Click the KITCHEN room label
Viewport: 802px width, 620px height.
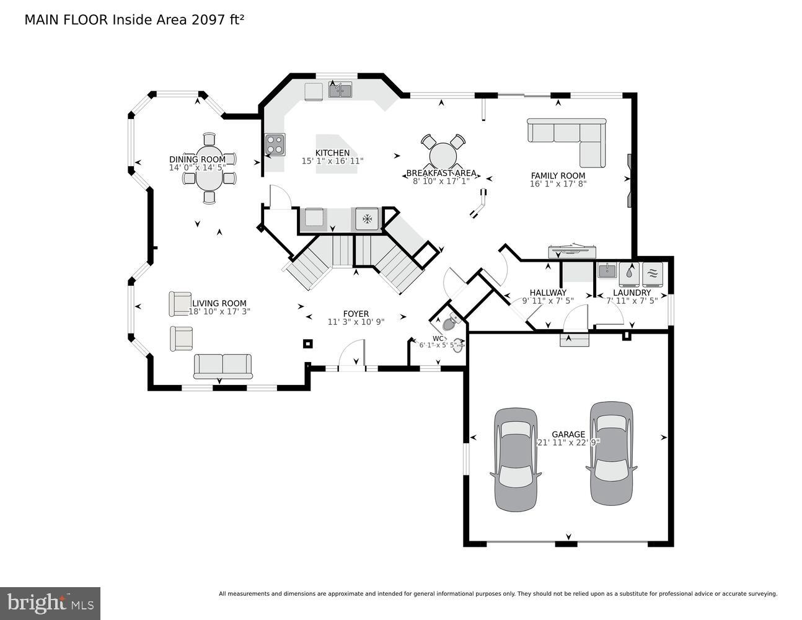[332, 153]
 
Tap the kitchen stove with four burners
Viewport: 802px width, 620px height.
[275, 144]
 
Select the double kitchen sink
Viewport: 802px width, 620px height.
[340, 91]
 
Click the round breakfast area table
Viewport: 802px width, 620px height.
[443, 155]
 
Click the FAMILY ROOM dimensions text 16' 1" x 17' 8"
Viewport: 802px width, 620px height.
[558, 184]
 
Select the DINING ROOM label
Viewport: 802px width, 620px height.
[197, 159]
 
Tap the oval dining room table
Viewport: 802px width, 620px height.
[209, 169]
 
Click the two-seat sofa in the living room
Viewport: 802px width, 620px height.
[223, 366]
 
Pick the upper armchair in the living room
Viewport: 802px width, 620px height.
[180, 304]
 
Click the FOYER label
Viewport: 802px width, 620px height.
[356, 314]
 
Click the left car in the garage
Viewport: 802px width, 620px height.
[515, 459]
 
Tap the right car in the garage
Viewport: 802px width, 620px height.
[611, 453]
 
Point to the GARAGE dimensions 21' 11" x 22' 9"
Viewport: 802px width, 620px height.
[568, 443]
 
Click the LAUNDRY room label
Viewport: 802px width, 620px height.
[632, 293]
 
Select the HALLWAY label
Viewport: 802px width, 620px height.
[548, 293]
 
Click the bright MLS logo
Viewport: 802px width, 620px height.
[50, 602]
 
